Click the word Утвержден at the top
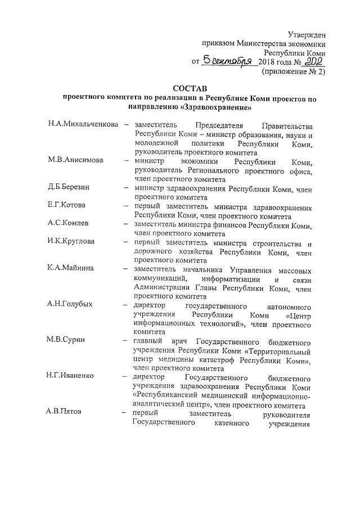pos(306,35)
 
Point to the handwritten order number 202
pos(313,60)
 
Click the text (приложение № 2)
pos(294,72)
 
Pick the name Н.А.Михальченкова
pos(83,124)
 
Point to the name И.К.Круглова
pos(71,242)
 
